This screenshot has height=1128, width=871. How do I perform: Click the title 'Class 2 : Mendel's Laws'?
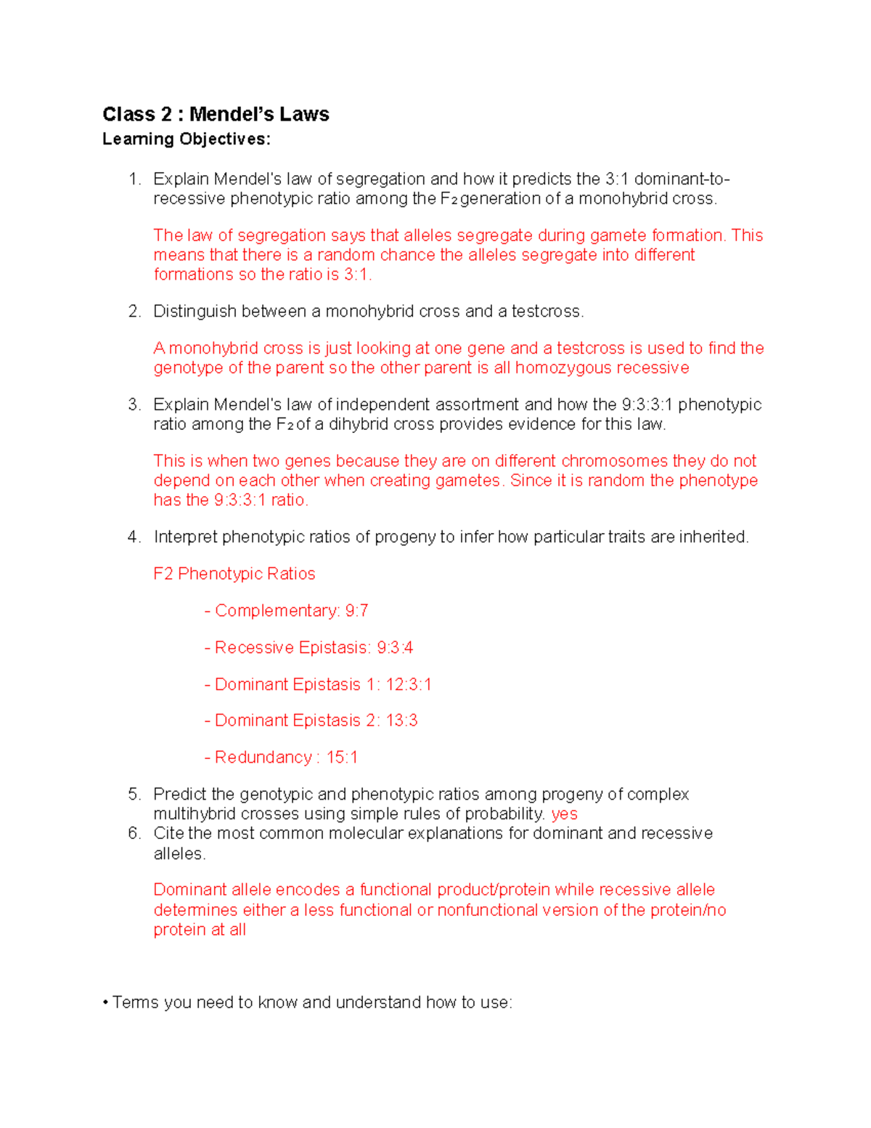tap(216, 114)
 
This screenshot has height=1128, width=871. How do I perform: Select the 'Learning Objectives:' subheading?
tap(186, 139)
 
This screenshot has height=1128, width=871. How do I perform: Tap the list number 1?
tap(133, 179)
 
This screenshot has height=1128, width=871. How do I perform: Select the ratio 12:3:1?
tap(408, 685)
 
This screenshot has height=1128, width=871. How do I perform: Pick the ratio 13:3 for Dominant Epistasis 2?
tap(401, 721)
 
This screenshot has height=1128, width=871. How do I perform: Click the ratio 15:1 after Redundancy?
tap(342, 758)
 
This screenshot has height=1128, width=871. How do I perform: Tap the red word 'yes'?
tap(564, 814)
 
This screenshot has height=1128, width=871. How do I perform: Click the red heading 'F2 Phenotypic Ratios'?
tap(234, 574)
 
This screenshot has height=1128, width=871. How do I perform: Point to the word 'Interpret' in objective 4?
tap(185, 537)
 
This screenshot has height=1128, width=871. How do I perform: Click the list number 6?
tap(134, 833)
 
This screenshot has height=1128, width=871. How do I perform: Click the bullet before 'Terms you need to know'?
tap(106, 1003)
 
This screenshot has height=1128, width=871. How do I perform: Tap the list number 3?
tap(134, 405)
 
